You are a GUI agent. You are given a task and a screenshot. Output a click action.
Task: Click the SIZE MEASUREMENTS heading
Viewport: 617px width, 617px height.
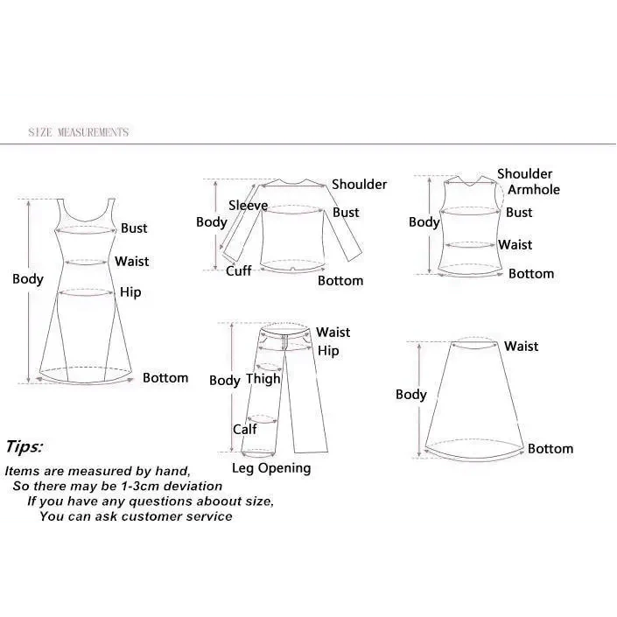[78, 132]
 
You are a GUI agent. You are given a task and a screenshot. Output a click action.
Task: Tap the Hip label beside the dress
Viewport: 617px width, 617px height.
[130, 292]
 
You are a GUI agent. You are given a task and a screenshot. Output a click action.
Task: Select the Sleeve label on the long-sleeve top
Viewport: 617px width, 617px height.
[248, 206]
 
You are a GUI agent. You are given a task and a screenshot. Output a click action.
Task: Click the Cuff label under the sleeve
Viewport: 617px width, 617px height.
[239, 271]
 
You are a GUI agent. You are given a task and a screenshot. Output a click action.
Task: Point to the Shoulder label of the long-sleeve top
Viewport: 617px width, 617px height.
[359, 185]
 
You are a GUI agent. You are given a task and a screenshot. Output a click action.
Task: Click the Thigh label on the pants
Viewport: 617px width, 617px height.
[263, 379]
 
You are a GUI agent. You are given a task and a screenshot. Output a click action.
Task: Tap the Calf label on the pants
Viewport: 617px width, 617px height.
[244, 429]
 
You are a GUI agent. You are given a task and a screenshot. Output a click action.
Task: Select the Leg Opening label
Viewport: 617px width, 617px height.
[271, 468]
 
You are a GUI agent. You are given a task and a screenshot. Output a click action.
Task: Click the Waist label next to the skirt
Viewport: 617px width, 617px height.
[521, 347]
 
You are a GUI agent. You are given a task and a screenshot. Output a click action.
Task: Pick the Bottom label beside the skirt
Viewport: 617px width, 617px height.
[550, 449]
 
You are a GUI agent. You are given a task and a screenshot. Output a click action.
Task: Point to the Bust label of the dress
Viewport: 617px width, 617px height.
[134, 228]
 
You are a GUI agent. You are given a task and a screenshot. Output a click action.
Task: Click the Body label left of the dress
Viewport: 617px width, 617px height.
[27, 279]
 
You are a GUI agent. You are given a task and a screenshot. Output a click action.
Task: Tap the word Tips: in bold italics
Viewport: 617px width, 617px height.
[24, 446]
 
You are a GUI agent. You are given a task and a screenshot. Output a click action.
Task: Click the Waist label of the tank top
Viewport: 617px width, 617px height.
[515, 245]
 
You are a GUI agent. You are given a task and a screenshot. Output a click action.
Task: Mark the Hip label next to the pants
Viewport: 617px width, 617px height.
[328, 351]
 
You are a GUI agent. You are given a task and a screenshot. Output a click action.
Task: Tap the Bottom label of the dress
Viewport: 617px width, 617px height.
[165, 378]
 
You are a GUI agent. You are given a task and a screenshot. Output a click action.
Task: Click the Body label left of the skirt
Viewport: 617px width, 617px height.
[410, 395]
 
